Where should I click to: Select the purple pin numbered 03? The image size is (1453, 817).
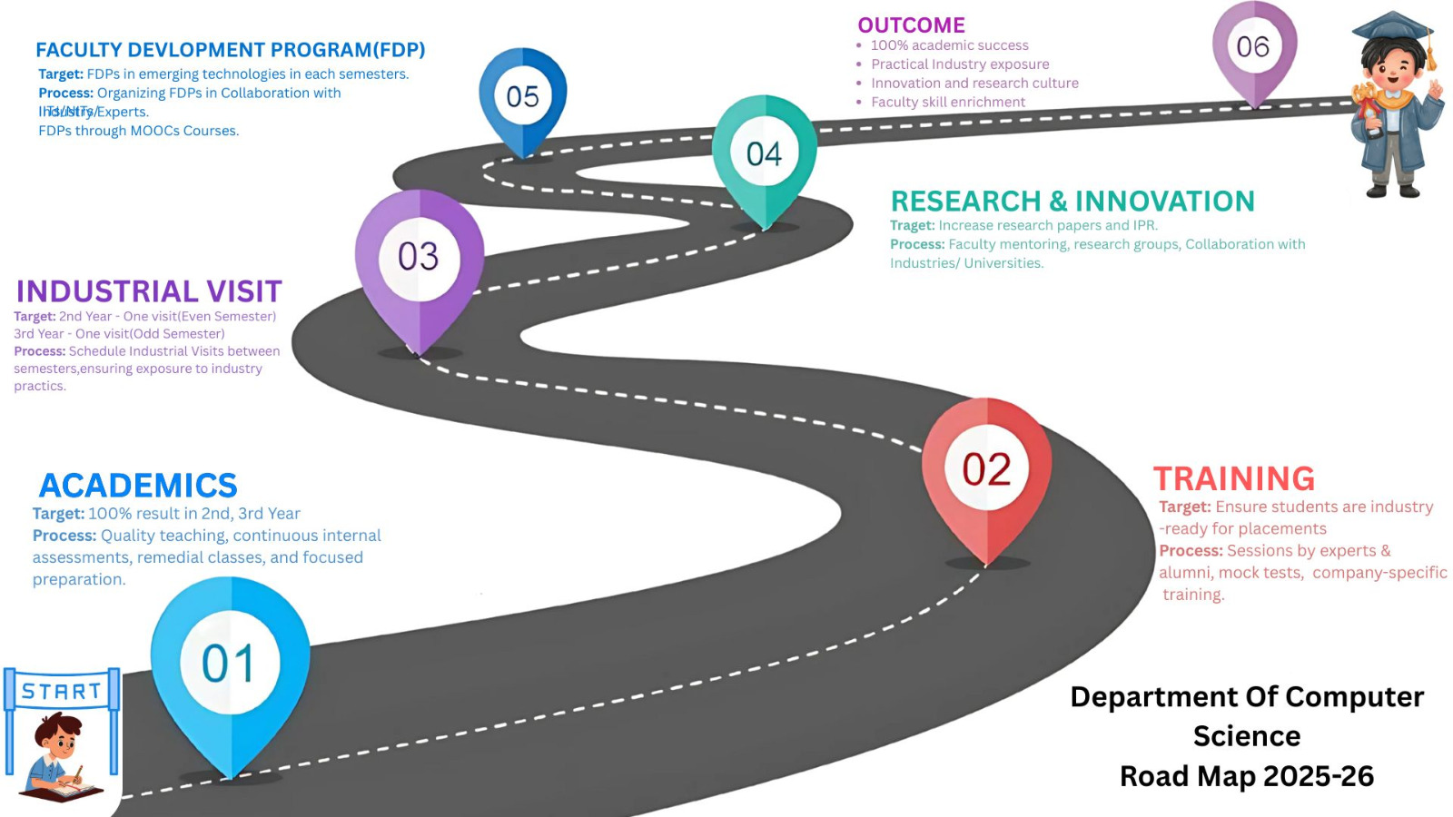pyautogui.click(x=419, y=258)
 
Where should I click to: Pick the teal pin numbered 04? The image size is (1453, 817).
pyautogui.click(x=764, y=153)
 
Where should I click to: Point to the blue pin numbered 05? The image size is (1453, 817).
pyautogui.click(x=522, y=96)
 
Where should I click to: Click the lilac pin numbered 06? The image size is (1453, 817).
pyautogui.click(x=1253, y=47)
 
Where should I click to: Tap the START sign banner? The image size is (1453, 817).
pyautogui.click(x=62, y=692)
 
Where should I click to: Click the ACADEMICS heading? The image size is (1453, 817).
pyautogui.click(x=138, y=486)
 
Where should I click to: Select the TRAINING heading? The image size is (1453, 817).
pyautogui.click(x=1234, y=478)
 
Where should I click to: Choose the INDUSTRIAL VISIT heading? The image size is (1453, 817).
pyautogui.click(x=149, y=291)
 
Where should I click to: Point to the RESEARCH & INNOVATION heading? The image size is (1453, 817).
pyautogui.click(x=1072, y=201)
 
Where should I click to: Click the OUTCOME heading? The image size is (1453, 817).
pyautogui.click(x=911, y=25)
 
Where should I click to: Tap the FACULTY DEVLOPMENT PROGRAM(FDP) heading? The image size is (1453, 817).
pyautogui.click(x=231, y=50)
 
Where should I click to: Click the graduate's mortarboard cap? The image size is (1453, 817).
pyautogui.click(x=1393, y=27)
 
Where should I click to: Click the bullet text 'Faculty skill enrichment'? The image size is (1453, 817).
pyautogui.click(x=948, y=103)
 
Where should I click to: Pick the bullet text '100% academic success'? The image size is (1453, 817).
pyautogui.click(x=949, y=45)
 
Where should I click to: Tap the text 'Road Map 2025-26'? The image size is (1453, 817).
pyautogui.click(x=1246, y=776)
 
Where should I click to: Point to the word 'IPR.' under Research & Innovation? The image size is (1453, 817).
pyautogui.click(x=1145, y=225)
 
